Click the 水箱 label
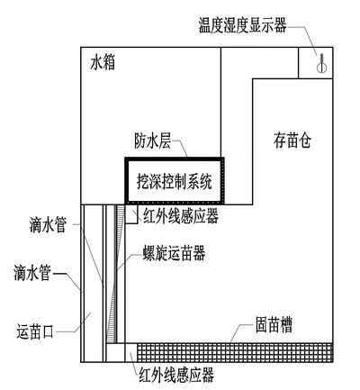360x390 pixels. (x=103, y=63)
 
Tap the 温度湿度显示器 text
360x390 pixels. (x=243, y=25)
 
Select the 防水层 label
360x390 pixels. (x=153, y=141)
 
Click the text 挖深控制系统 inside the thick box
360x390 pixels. (x=175, y=181)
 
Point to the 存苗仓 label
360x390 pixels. (x=292, y=141)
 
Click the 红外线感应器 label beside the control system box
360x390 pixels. (x=181, y=216)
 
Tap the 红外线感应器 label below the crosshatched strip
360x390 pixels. (x=176, y=375)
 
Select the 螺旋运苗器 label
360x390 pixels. (x=175, y=253)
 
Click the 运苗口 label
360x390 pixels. (x=35, y=331)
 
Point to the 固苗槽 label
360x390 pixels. (x=274, y=325)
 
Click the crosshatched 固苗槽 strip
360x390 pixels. (x=235, y=352)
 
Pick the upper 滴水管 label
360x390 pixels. (x=48, y=225)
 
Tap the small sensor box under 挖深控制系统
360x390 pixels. (x=131, y=214)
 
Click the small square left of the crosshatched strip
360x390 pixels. (x=130, y=352)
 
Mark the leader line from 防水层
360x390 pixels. (x=181, y=149)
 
